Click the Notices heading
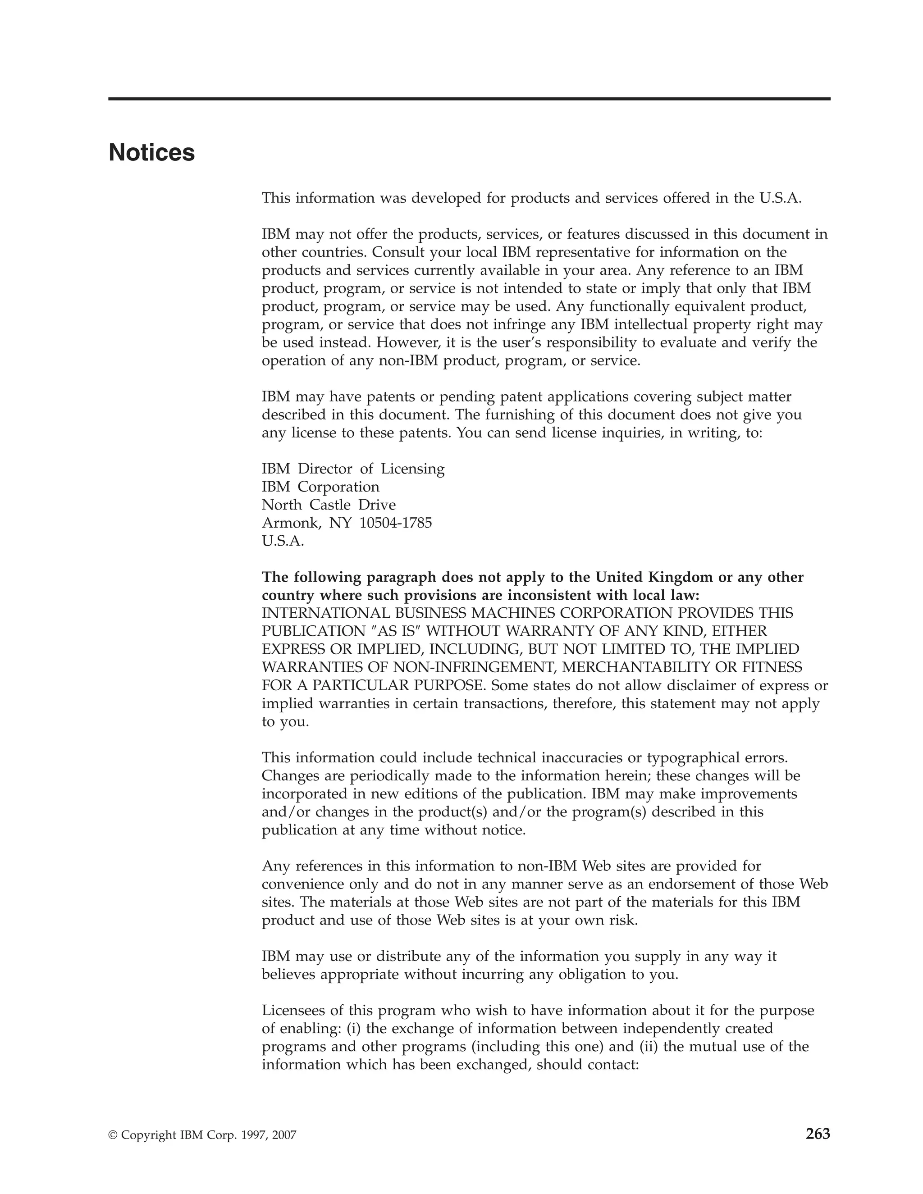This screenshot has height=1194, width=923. click(151, 153)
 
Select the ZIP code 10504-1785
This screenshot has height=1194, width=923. click(395, 523)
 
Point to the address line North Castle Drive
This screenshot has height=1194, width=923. click(329, 505)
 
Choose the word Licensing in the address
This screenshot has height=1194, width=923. click(412, 469)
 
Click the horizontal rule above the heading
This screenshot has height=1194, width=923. click(469, 99)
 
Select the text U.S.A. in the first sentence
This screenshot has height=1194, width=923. click(780, 198)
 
